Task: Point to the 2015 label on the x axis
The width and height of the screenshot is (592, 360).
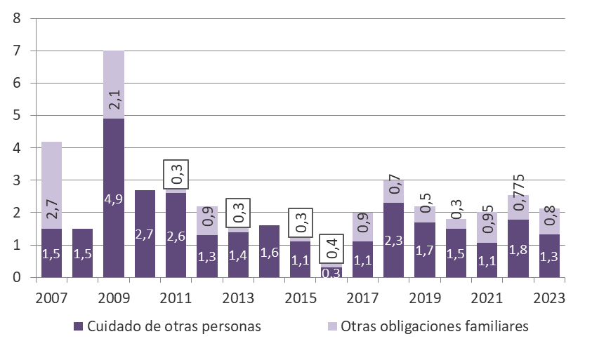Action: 300,297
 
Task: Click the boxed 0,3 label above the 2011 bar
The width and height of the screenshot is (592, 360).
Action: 176,174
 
